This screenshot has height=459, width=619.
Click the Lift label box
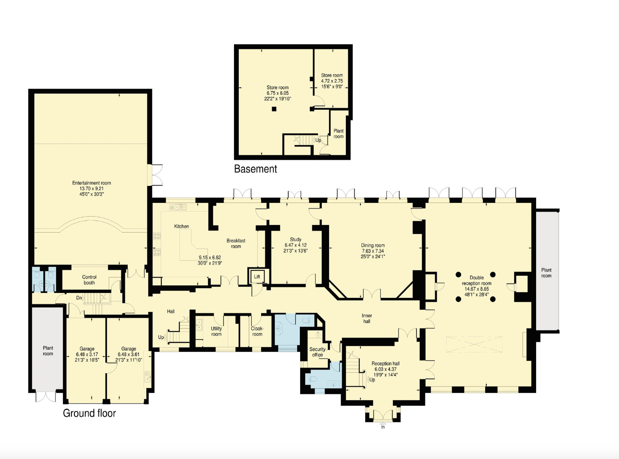(257, 276)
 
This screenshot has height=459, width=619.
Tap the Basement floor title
(255, 169)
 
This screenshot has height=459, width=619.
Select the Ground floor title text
(89, 413)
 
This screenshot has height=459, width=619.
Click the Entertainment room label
(92, 183)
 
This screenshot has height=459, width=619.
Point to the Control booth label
(89, 280)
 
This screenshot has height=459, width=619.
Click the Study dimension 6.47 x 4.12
(296, 245)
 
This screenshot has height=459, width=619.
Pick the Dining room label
(373, 246)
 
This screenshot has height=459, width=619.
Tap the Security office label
(317, 352)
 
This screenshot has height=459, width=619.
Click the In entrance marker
(383, 427)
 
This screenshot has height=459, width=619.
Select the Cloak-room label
(257, 331)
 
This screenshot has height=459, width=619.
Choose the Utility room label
(216, 331)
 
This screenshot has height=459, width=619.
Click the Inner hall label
(367, 318)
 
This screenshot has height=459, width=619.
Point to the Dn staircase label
(79, 298)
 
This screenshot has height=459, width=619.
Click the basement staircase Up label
(318, 140)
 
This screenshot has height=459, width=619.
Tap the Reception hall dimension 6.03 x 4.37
(386, 369)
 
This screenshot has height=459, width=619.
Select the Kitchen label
(182, 226)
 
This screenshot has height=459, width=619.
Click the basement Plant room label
(339, 134)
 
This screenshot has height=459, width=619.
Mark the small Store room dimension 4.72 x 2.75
(332, 81)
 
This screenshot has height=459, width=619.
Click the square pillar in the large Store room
(274, 109)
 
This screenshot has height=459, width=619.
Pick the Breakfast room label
(236, 243)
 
